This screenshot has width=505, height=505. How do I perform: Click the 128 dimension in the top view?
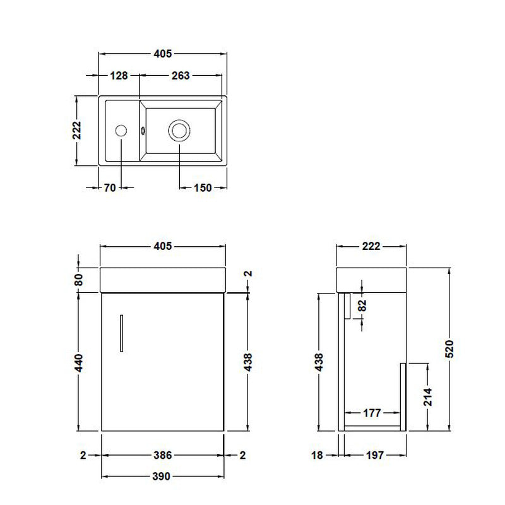tap(119, 76)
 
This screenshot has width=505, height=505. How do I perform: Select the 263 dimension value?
tap(181, 76)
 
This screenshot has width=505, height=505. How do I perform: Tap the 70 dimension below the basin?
tap(110, 187)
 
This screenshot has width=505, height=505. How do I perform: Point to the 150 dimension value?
tap(202, 187)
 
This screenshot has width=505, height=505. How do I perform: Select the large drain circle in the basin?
tap(179, 131)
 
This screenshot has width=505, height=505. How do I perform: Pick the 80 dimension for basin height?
tap(79, 280)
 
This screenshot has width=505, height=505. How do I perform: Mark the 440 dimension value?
tap(79, 362)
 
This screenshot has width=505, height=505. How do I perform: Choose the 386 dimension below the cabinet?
tap(162, 454)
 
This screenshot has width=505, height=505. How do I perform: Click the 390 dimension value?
tap(162, 477)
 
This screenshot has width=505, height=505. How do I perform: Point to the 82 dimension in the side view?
tap(362, 306)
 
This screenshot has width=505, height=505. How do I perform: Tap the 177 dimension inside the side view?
tap(372, 413)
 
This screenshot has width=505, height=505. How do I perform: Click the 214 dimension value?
tap(429, 396)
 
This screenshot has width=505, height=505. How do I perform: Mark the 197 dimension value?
tap(374, 454)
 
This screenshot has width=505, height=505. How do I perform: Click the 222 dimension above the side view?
tap(371, 246)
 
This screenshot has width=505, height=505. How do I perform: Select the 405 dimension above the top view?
tap(162, 54)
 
